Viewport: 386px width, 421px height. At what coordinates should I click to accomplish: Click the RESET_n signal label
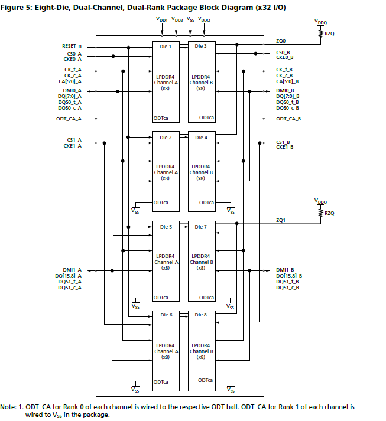(x=71, y=45)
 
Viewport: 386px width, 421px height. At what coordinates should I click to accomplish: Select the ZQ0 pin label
(x=281, y=41)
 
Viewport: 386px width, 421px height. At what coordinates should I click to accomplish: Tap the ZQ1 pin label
(x=281, y=220)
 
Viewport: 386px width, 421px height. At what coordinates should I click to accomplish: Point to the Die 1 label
(x=166, y=46)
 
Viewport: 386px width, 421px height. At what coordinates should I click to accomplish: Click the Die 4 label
(x=201, y=138)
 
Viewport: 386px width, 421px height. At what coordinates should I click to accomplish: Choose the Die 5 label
(x=166, y=227)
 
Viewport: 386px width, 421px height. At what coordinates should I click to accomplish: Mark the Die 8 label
(x=201, y=315)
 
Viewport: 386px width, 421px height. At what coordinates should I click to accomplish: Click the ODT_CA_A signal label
(x=69, y=119)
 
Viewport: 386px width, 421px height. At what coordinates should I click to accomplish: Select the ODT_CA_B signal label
(x=288, y=119)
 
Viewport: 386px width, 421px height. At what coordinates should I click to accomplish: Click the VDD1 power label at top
(x=161, y=19)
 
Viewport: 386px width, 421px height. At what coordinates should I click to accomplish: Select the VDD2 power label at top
(x=177, y=19)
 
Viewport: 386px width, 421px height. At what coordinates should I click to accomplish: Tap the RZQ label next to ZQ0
(x=329, y=34)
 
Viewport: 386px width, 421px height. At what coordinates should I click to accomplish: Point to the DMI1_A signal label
(x=71, y=270)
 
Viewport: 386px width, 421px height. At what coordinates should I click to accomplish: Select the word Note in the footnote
(x=8, y=407)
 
